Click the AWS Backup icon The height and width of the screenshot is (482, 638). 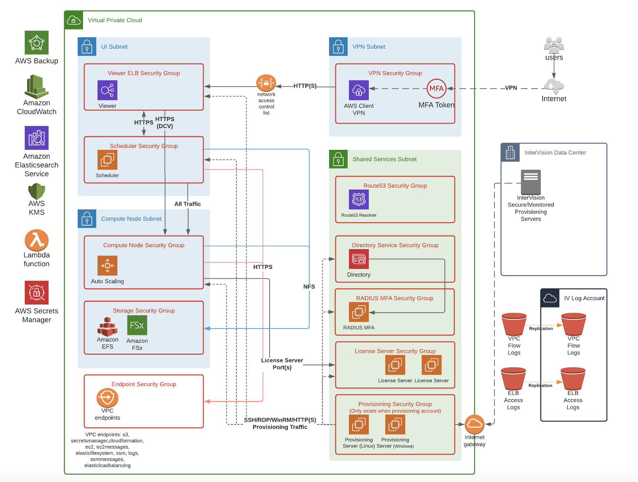tap(36, 43)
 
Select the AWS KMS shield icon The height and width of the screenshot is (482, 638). tap(36, 191)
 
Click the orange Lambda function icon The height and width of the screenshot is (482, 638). tap(36, 240)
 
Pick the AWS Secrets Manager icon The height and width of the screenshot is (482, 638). tap(36, 292)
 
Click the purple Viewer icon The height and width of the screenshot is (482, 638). tap(107, 90)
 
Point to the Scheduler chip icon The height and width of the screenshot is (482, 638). tap(107, 160)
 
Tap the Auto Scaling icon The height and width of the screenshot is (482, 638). tap(107, 265)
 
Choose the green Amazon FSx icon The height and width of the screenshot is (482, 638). tap(137, 325)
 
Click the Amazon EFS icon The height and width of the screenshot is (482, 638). tap(107, 326)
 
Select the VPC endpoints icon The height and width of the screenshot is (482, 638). tap(107, 398)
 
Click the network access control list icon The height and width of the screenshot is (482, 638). tap(266, 83)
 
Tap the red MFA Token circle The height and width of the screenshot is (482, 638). tap(436, 88)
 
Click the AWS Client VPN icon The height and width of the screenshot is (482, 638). tap(359, 90)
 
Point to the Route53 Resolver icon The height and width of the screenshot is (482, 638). tap(359, 199)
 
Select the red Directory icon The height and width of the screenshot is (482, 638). tap(359, 259)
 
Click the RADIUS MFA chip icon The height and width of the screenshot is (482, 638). tap(359, 312)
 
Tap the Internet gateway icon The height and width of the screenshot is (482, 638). tap(474, 424)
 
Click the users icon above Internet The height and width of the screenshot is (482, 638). tap(554, 45)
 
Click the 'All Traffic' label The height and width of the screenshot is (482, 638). tap(187, 204)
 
